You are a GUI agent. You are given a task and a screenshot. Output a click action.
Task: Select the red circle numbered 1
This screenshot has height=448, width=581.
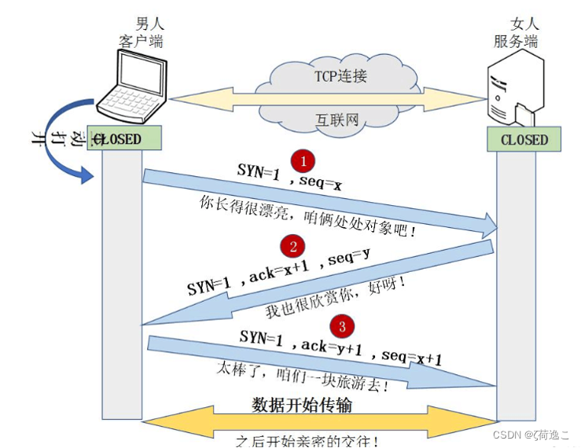pyautogui.click(x=303, y=160)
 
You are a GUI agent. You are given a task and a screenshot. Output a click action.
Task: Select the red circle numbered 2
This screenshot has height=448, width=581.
pyautogui.click(x=293, y=247)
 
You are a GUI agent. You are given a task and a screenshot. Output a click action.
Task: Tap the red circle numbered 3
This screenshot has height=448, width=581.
pyautogui.click(x=340, y=325)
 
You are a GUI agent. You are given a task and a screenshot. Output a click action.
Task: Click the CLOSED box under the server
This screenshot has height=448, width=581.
pyautogui.click(x=524, y=140)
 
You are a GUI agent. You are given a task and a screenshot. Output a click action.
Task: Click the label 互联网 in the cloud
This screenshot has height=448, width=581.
pyautogui.click(x=338, y=120)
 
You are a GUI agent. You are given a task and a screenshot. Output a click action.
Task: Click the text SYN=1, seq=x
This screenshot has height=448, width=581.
pyautogui.click(x=290, y=176)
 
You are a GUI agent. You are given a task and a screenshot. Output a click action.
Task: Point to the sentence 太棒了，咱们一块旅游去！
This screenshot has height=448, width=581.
pyautogui.click(x=303, y=376)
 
